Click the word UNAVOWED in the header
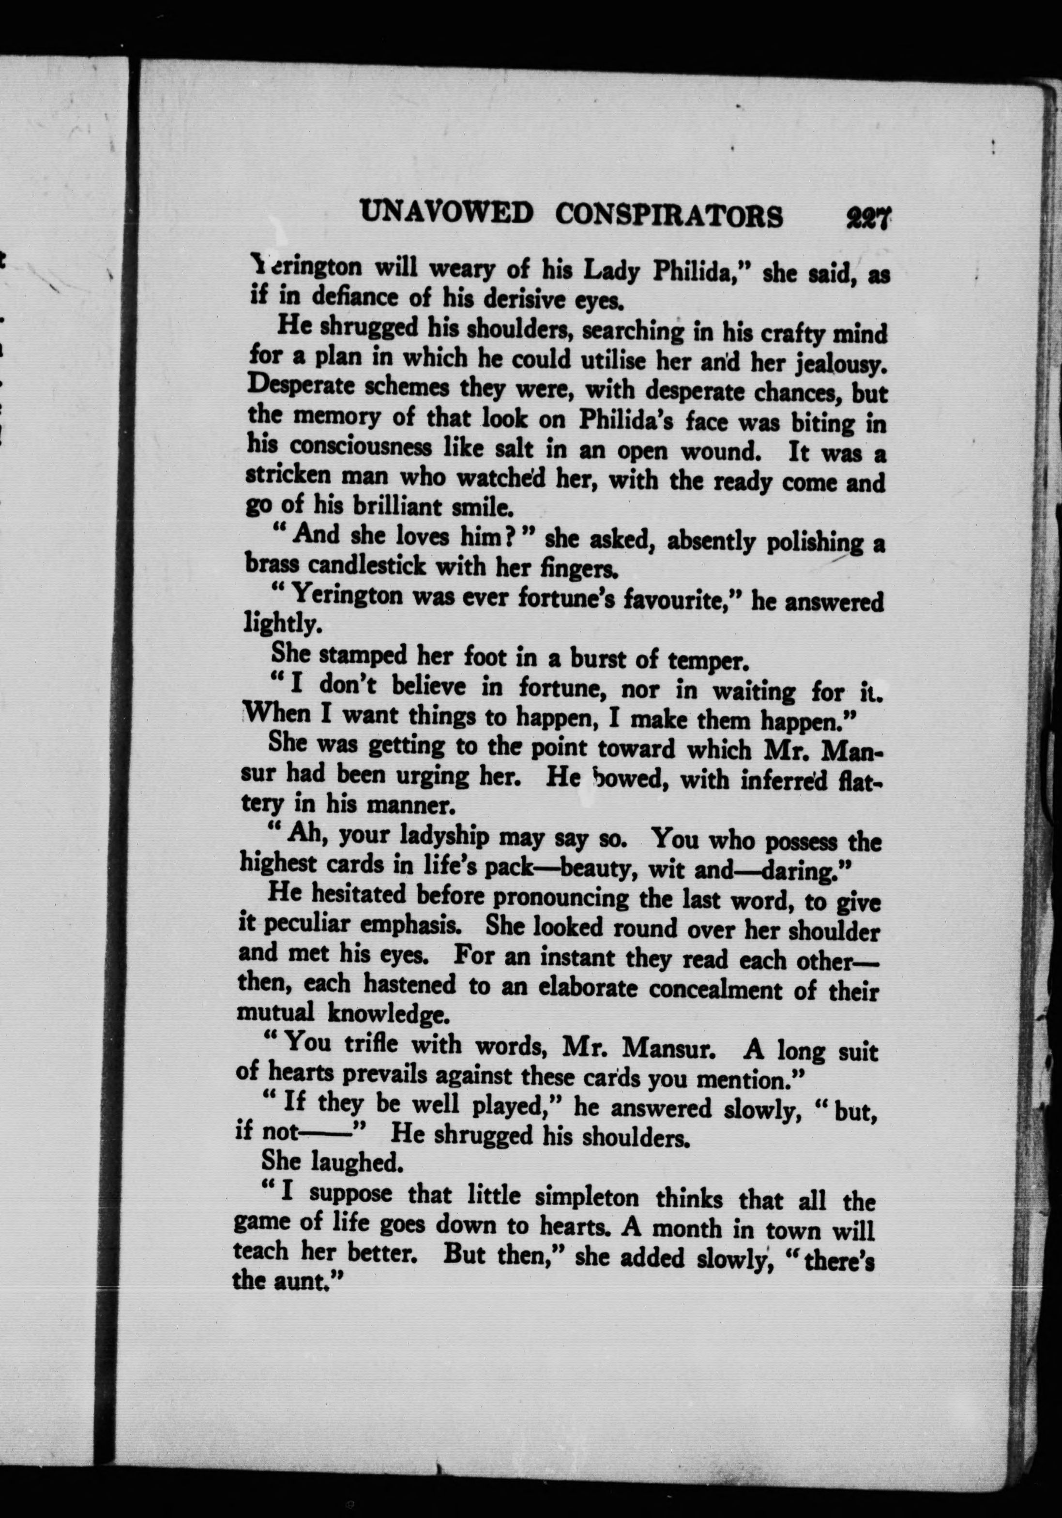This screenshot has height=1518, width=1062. pos(446,213)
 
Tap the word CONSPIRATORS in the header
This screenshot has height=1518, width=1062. pos(669,215)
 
